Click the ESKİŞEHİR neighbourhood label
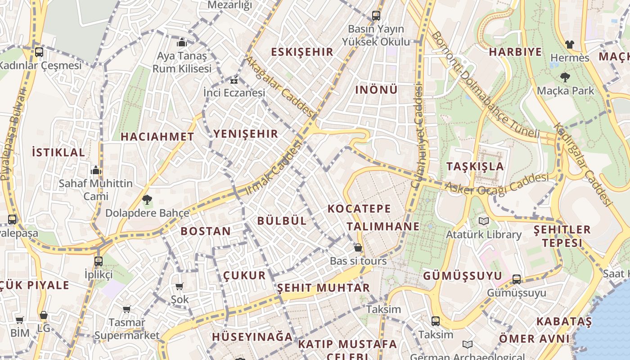[x=302, y=52]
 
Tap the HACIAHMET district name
[x=157, y=137]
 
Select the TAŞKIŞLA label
[x=475, y=166]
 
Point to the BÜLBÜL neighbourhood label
[x=282, y=220]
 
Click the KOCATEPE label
[x=359, y=209]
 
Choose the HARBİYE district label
[x=515, y=52]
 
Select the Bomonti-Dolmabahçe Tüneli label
[x=485, y=85]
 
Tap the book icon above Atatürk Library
[x=484, y=221]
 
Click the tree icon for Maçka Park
[x=565, y=77]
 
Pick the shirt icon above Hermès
[x=570, y=45]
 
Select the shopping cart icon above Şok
[x=180, y=286]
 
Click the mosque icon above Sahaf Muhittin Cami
[x=95, y=170]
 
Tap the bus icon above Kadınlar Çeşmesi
[x=39, y=52]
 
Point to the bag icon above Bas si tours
[x=358, y=247]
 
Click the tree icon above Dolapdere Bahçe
[x=147, y=199]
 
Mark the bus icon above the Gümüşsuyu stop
[x=517, y=279]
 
